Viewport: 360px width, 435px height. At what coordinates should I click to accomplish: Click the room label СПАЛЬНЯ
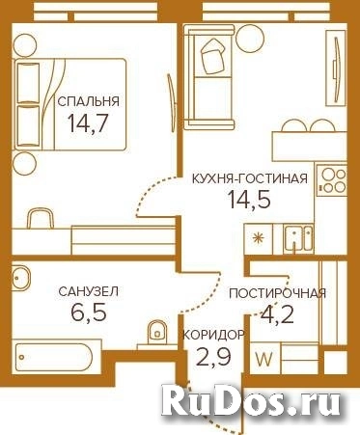[89, 100]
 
